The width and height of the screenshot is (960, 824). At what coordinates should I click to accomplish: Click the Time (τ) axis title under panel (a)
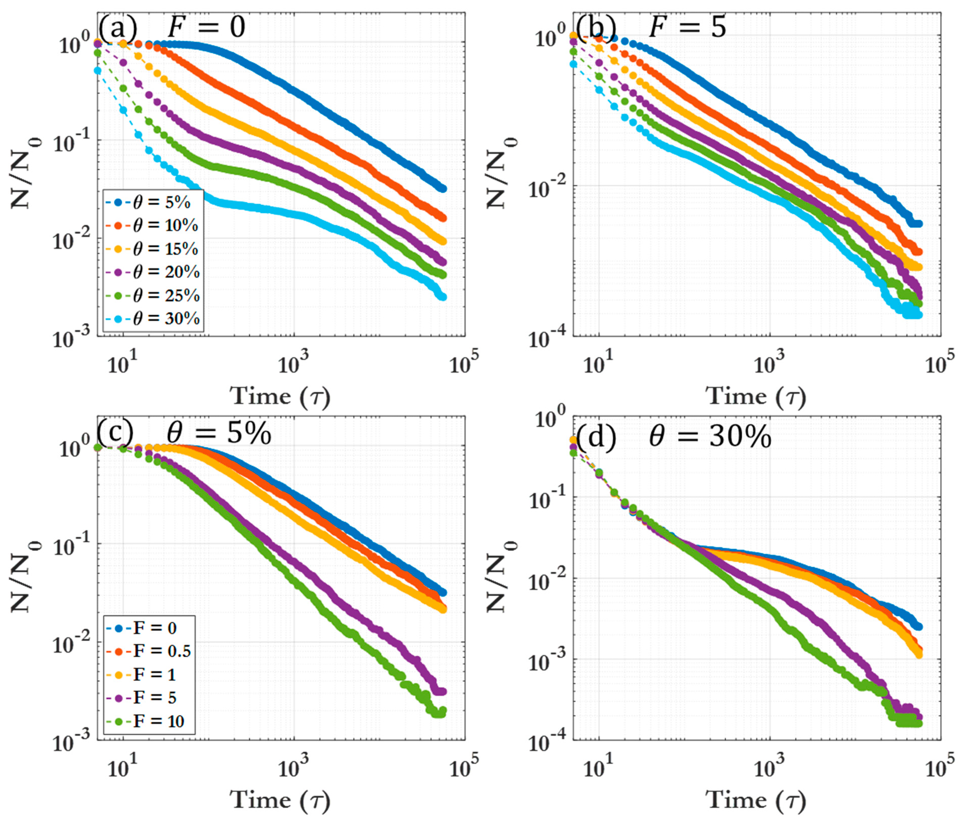click(280, 396)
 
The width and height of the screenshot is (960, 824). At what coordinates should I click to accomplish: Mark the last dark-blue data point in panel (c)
click(442, 592)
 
